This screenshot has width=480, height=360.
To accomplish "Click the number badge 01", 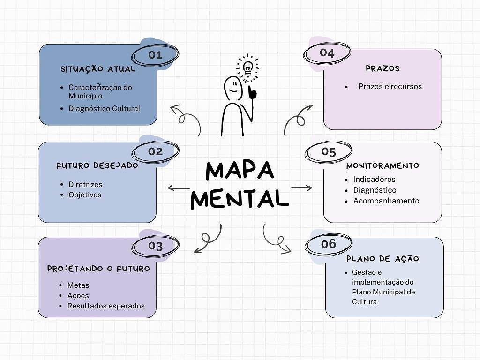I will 155,55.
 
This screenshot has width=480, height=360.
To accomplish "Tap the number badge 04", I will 327,53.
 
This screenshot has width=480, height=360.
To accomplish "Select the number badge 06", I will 329,244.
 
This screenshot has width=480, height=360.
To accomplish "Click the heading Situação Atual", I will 98,69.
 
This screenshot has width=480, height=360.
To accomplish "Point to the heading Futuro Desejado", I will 97,166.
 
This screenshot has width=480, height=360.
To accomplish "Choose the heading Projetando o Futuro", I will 98,269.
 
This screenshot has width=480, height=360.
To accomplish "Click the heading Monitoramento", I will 382,166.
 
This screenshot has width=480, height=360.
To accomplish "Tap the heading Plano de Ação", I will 382,259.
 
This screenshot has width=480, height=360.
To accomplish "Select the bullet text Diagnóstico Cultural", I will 104,109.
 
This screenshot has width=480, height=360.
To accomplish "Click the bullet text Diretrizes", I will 85,184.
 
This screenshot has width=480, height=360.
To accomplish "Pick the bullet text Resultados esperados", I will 106,306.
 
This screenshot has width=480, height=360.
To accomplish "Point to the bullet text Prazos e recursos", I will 390,87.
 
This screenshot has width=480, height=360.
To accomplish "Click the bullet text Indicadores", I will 374,180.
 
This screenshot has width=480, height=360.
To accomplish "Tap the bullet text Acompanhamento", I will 386,201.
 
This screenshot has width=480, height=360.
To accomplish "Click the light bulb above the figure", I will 247,67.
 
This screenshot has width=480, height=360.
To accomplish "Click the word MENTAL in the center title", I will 240,199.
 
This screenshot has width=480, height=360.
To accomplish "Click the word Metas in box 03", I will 78,285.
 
